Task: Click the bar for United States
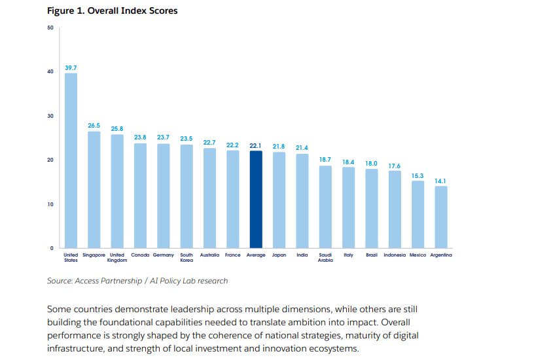[71, 160]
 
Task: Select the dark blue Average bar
[256, 200]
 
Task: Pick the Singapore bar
[94, 190]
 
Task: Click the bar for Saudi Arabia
[325, 207]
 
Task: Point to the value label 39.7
[71, 67]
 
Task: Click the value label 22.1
[256, 145]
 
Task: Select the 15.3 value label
[418, 175]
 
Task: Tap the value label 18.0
[372, 163]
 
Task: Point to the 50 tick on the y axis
[50, 27]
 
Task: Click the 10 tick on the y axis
[50, 204]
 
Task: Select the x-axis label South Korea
[187, 257]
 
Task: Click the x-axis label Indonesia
[395, 255]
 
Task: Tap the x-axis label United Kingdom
[117, 257]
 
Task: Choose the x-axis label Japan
[279, 255]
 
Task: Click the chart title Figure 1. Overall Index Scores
[112, 11]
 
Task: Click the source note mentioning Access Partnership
[137, 281]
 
